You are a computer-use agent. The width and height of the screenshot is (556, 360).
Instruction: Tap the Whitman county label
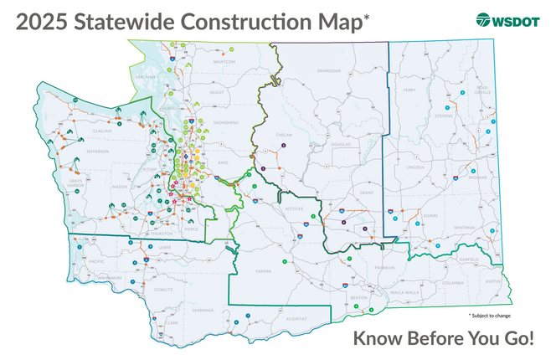coord(466,227)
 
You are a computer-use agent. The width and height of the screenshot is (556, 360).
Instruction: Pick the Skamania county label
coord(203,310)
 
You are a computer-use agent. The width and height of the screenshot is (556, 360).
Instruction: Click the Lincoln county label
coord(416,167)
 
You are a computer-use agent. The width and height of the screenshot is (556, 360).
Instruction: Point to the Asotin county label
coord(492,281)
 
